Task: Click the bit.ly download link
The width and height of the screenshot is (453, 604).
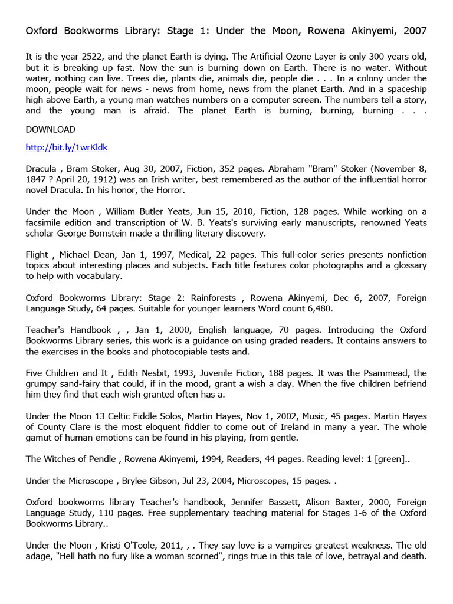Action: click(67, 147)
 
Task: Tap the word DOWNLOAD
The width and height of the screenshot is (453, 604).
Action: click(50, 129)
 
